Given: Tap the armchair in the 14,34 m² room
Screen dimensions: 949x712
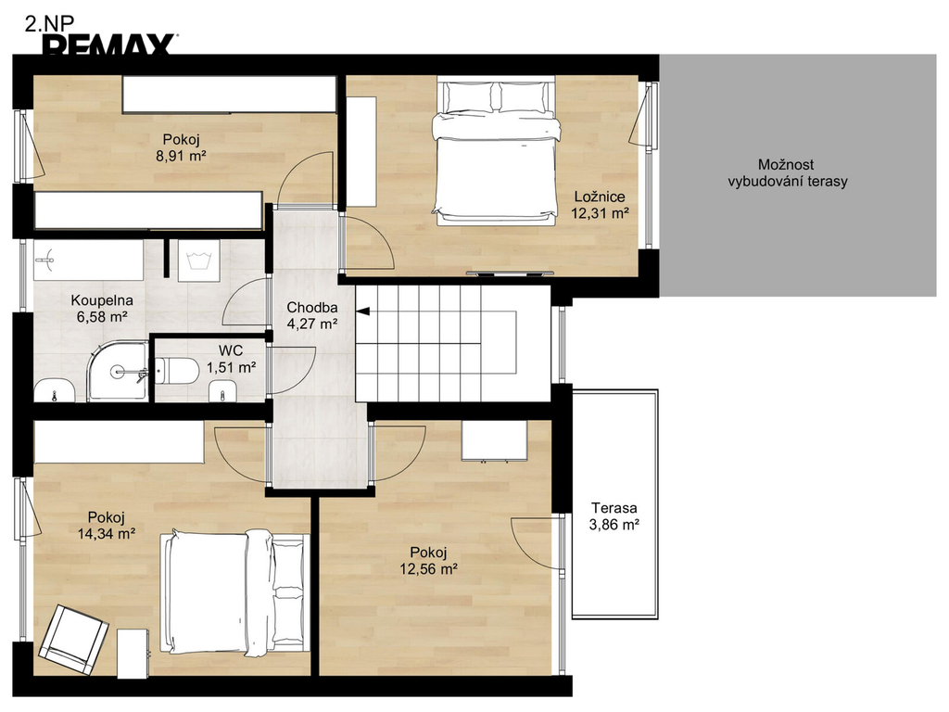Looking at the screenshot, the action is tap(73, 640).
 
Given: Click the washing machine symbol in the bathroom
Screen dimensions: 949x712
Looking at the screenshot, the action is tap(198, 261).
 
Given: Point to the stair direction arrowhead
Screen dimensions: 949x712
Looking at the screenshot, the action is tap(362, 311).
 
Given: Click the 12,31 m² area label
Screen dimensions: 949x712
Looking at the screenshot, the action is tap(600, 213).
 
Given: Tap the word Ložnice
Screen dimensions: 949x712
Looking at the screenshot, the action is tap(600, 197).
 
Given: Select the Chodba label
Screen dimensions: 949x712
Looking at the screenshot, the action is tap(311, 307).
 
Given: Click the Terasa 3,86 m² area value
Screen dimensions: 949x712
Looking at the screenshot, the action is tap(614, 525).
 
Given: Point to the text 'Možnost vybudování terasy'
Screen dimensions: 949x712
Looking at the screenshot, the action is tap(788, 172).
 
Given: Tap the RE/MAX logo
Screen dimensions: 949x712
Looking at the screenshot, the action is tap(110, 45).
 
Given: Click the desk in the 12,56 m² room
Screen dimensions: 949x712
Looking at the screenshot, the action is tap(495, 441).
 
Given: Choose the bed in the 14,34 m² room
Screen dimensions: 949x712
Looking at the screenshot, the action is tap(235, 594).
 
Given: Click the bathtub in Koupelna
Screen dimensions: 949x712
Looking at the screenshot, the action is tap(88, 261).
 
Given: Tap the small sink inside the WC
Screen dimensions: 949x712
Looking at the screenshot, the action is tap(222, 391).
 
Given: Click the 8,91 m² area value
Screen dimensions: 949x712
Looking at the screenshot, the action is tap(181, 156).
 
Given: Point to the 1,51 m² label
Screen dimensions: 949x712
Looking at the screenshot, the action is tap(231, 367).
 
